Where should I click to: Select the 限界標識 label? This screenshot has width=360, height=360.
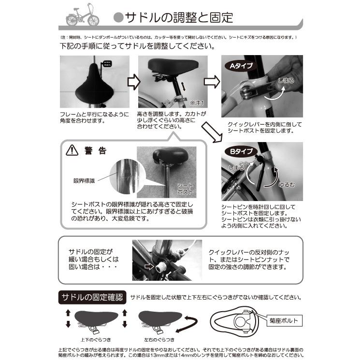point(85,180)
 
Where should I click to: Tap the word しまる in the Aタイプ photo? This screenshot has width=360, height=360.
point(286,80)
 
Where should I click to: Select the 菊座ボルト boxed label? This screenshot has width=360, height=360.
point(283,319)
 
